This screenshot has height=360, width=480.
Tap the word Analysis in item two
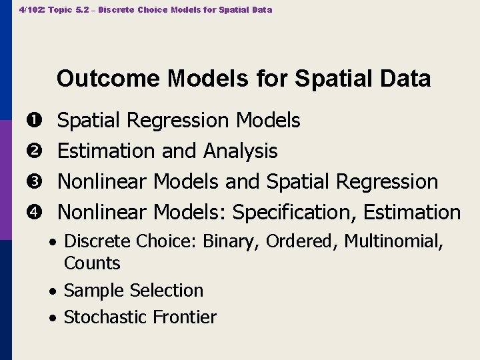240,151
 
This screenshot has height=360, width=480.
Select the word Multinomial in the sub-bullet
393,241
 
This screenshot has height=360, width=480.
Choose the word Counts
92,263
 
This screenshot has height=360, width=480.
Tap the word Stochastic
107,317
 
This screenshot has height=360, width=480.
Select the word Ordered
300,241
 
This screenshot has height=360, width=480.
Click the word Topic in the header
61,10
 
